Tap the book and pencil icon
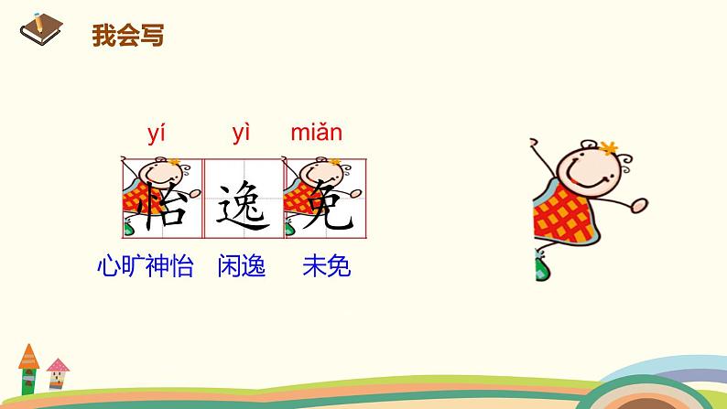(x=38, y=31)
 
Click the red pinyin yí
(x=157, y=134)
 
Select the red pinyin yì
(x=242, y=134)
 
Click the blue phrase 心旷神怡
(x=146, y=267)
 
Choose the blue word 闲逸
(x=242, y=267)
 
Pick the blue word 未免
(x=326, y=267)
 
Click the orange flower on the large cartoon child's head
(x=610, y=146)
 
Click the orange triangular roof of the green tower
(x=28, y=353)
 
